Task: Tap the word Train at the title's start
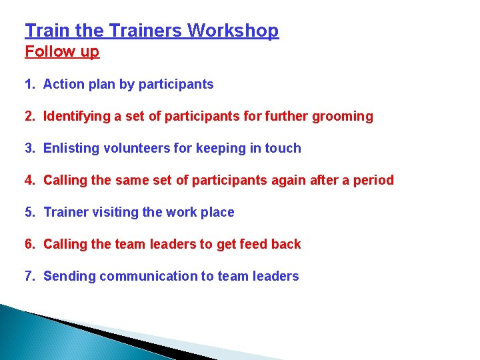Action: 45,31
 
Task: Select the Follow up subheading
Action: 62,52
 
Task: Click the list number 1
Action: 29,85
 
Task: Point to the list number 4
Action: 29,181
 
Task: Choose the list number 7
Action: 29,277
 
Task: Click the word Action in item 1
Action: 64,85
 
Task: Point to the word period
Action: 374,181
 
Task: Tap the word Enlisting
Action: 71,149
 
